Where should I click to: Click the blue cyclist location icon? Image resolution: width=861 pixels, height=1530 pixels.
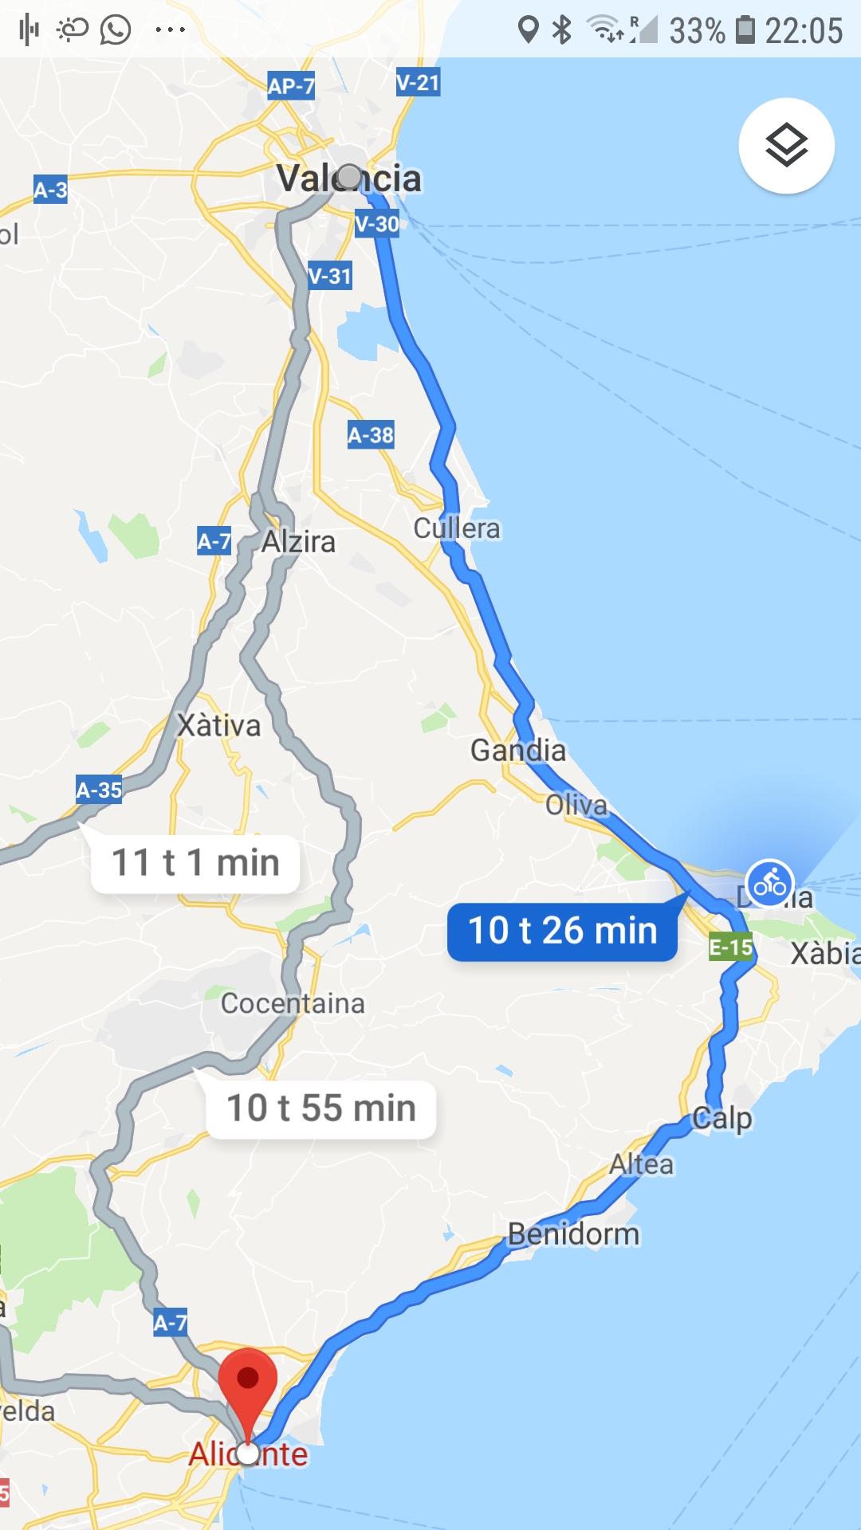(770, 883)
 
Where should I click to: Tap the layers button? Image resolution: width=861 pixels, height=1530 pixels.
(786, 146)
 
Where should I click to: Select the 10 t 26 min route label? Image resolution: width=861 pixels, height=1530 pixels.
(563, 931)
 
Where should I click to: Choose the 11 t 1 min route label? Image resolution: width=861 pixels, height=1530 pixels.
(195, 863)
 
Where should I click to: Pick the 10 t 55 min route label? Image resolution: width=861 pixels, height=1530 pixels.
(320, 1108)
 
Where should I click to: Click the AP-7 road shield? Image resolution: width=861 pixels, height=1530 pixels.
(291, 86)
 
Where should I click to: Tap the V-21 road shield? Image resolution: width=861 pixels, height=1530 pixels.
(418, 82)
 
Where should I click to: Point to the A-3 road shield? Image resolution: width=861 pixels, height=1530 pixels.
(50, 190)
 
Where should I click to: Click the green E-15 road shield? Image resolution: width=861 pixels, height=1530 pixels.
(731, 947)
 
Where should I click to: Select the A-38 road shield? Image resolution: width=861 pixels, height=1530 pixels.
(371, 435)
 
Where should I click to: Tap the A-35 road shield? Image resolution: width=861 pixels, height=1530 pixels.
(99, 790)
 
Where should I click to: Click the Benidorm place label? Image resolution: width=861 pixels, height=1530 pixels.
(574, 1234)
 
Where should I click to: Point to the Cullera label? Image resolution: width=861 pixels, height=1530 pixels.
(457, 528)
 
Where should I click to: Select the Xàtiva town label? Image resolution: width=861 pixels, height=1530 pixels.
(218, 725)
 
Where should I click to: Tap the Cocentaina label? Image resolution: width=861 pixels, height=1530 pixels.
(293, 1003)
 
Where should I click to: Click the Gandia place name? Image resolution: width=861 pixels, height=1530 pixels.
(518, 750)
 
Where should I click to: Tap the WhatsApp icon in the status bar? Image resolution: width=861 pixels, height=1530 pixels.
(116, 30)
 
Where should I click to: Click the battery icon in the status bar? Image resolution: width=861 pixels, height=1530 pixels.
(745, 29)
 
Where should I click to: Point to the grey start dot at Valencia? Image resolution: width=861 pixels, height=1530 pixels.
(349, 176)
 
